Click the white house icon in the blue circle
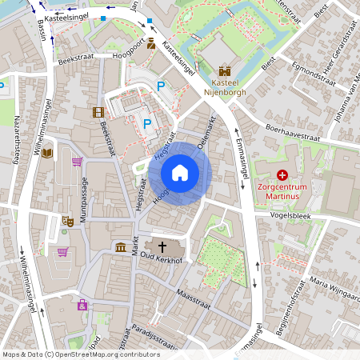[x=180, y=173]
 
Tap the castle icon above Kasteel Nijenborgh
[x=224, y=70]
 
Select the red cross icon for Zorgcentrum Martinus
[x=282, y=174]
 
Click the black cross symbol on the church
[x=162, y=247]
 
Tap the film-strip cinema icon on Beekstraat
[x=98, y=113]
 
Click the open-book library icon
[x=47, y=153]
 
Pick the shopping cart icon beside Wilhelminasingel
[x=62, y=252]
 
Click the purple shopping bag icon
[x=82, y=304]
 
